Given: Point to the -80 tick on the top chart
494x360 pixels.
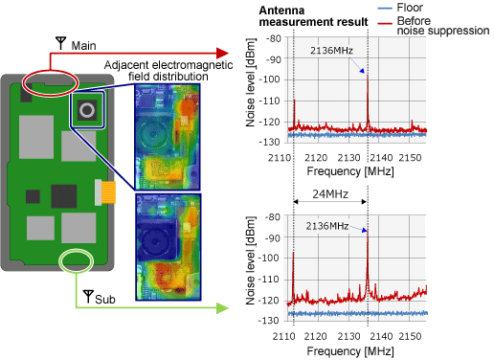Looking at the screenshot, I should click(x=273, y=40).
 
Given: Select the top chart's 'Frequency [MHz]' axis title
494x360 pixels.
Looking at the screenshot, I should click(x=351, y=170).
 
